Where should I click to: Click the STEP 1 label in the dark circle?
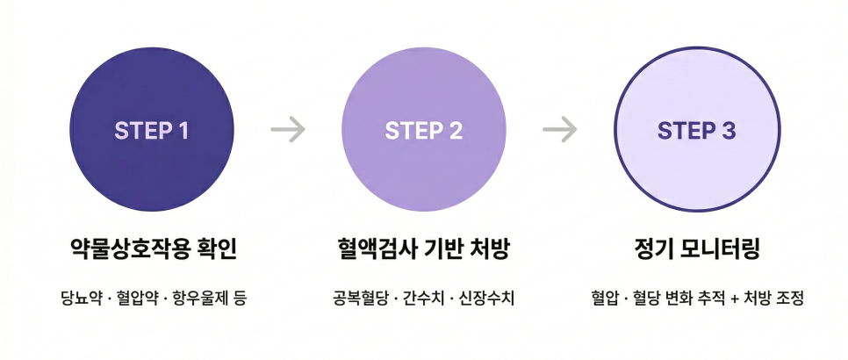[151, 130]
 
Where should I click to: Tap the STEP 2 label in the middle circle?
[424, 130]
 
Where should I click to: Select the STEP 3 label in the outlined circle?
[697, 130]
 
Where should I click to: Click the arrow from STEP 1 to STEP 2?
[288, 129]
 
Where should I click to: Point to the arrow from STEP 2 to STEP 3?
[560, 129]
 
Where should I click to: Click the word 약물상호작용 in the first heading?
[127, 249]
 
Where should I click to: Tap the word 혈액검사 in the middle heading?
[373, 249]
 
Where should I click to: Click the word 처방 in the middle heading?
[491, 249]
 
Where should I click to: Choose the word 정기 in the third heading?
[653, 249]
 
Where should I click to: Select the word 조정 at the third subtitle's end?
[789, 298]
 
